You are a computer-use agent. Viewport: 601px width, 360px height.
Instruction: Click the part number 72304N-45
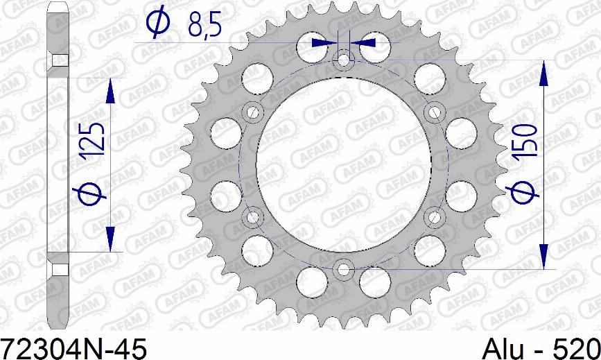(73, 349)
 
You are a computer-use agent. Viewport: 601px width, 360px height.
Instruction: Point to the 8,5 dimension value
(204, 26)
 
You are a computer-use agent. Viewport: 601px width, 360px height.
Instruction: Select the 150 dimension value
(525, 141)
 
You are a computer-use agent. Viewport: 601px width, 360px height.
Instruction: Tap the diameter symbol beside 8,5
(157, 22)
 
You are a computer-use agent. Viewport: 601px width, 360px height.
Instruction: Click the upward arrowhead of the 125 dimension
(110, 91)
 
